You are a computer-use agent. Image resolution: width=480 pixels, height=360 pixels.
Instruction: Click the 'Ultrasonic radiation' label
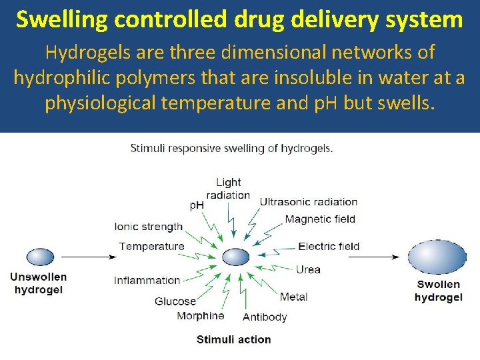[x=308, y=202]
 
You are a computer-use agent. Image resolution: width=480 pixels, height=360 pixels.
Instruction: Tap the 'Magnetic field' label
[x=320, y=219]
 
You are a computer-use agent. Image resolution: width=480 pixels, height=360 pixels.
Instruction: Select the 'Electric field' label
[x=329, y=247]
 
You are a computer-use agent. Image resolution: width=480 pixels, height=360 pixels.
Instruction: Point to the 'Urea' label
[x=308, y=269]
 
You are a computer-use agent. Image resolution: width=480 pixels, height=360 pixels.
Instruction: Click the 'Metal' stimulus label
[x=294, y=297]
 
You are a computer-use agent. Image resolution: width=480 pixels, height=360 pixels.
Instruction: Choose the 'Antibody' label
[x=265, y=317]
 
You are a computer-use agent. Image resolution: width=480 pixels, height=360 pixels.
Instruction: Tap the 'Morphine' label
[x=201, y=315]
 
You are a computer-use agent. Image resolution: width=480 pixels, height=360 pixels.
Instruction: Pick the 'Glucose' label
[x=175, y=301]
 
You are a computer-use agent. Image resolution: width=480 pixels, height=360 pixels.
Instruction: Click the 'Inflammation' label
[x=147, y=280]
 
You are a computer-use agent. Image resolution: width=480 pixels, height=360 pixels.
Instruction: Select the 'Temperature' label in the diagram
[x=152, y=247]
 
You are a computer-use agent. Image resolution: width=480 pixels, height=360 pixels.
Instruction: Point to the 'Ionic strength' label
[x=149, y=227]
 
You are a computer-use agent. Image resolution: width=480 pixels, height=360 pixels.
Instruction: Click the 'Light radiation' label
[x=228, y=189]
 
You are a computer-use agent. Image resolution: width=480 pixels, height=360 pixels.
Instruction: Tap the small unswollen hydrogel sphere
[x=40, y=257]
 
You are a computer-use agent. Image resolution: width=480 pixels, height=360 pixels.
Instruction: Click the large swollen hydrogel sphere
[x=437, y=257]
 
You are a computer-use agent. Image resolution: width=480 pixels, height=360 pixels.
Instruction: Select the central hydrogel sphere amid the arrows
[x=235, y=257]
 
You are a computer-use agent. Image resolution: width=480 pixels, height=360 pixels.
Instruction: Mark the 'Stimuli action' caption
[x=233, y=339]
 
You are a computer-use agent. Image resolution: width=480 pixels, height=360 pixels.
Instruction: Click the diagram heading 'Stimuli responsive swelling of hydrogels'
[x=231, y=149]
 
